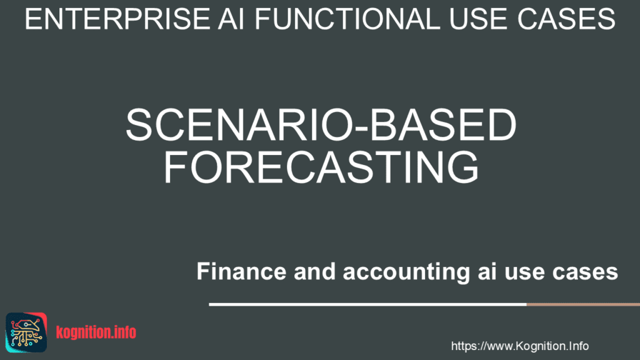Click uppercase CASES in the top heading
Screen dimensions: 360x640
tap(572, 19)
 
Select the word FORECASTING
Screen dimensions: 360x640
tap(321, 167)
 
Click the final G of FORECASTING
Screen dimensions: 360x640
tap(461, 167)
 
